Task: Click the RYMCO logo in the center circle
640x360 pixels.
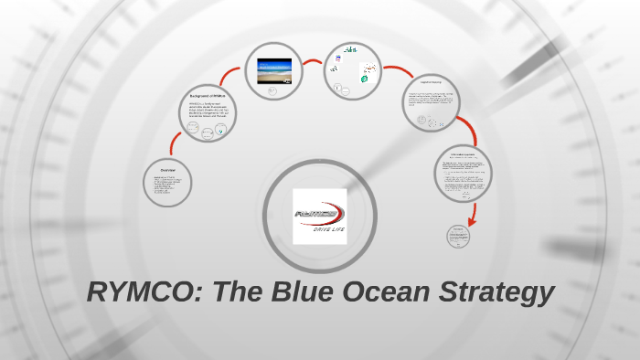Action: [319, 214]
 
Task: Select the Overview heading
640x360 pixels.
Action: [167, 170]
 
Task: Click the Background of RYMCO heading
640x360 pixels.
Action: [207, 96]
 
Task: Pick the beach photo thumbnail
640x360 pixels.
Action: [274, 69]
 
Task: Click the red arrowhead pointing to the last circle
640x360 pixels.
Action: [472, 220]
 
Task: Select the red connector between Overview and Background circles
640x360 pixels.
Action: [170, 143]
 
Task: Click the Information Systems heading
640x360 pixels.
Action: [463, 154]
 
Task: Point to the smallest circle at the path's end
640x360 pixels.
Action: [458, 235]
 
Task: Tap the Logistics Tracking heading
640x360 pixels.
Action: [432, 84]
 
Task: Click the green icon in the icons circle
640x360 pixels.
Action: [364, 79]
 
